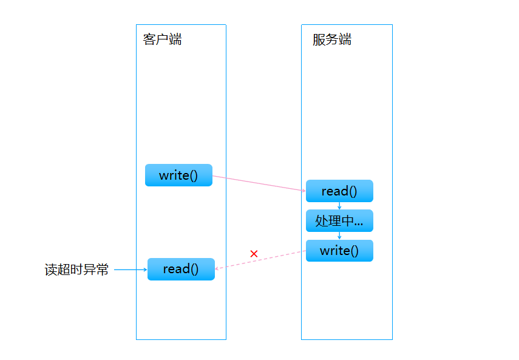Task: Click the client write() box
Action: (178, 175)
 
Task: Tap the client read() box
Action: (181, 269)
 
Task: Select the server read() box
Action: (339, 191)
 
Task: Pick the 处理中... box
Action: (339, 221)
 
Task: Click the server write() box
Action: (339, 251)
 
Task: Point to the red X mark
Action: (254, 253)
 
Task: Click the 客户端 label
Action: (162, 40)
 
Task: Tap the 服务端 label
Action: (331, 40)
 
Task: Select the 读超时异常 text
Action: (76, 270)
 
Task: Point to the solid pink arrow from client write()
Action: (259, 183)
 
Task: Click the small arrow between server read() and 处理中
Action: (339, 206)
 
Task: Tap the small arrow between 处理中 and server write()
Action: (339, 236)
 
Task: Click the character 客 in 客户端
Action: (149, 40)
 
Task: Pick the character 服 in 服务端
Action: (319, 40)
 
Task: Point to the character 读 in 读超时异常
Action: (51, 270)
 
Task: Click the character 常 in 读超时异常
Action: (103, 270)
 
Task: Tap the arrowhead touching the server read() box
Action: (303, 191)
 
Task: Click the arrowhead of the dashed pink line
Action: (218, 268)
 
